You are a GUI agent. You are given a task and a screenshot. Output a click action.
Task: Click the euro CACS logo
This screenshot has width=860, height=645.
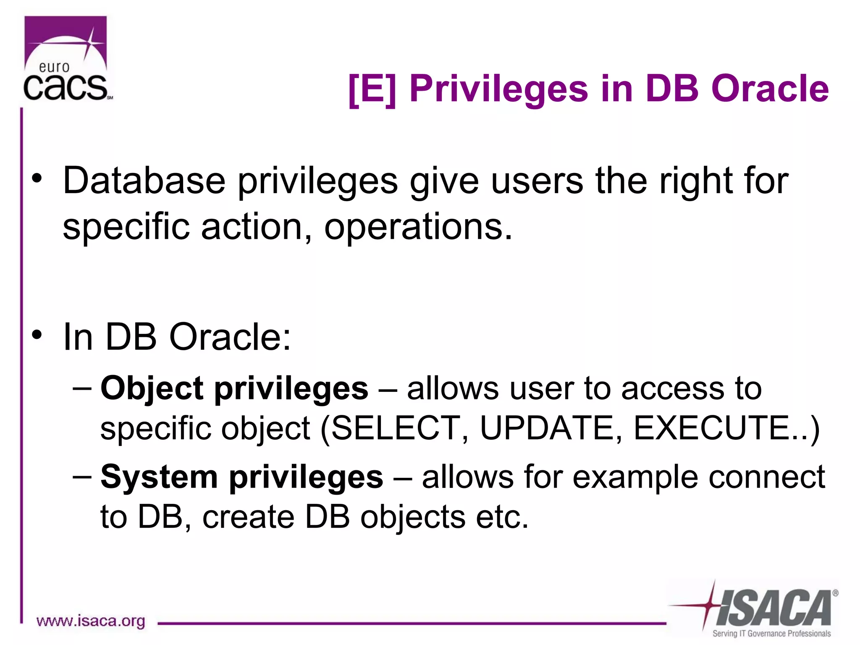[66, 60]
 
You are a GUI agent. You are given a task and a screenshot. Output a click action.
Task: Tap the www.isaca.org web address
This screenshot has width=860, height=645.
[91, 621]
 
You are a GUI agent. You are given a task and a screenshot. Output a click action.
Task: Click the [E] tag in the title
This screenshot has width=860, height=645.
[372, 89]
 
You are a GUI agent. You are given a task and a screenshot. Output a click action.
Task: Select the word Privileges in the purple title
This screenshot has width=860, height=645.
[499, 89]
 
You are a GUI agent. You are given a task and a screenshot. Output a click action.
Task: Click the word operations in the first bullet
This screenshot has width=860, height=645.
[418, 227]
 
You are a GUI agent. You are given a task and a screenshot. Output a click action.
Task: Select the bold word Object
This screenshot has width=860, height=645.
[152, 389]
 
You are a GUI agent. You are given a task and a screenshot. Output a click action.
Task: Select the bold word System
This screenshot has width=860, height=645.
[159, 477]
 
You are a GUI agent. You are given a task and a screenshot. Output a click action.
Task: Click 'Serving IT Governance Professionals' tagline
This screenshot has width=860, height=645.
[771, 633]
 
